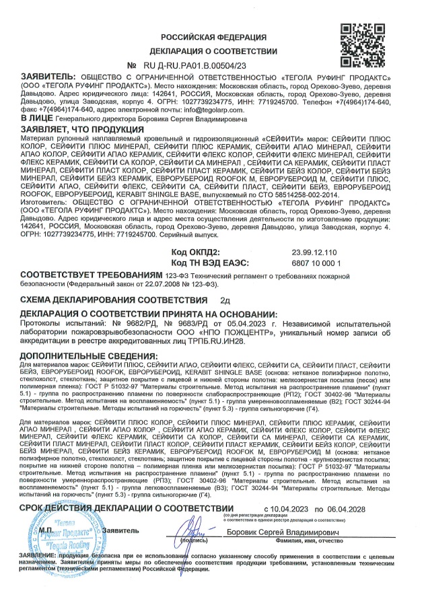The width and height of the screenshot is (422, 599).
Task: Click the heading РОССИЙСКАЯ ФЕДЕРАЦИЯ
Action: [213, 36]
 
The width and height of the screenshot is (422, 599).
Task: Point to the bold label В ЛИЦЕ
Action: [34, 118]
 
